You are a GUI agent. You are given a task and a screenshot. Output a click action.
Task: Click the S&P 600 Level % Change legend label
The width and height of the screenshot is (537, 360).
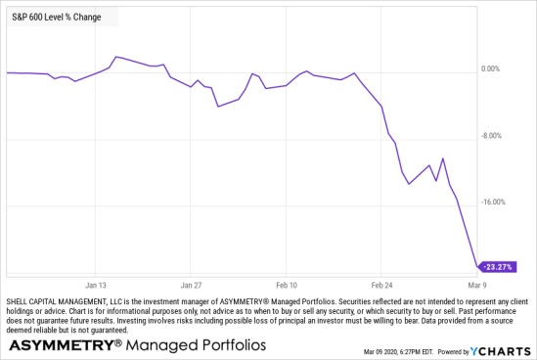pyautogui.click(x=55, y=17)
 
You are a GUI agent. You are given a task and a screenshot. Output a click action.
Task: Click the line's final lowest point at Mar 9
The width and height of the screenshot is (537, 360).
pyautogui.click(x=477, y=265)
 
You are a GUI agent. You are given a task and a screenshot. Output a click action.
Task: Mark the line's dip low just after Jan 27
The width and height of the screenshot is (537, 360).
pyautogui.click(x=217, y=106)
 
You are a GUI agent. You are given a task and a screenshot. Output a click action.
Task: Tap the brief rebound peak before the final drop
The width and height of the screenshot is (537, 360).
pyautogui.click(x=443, y=158)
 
